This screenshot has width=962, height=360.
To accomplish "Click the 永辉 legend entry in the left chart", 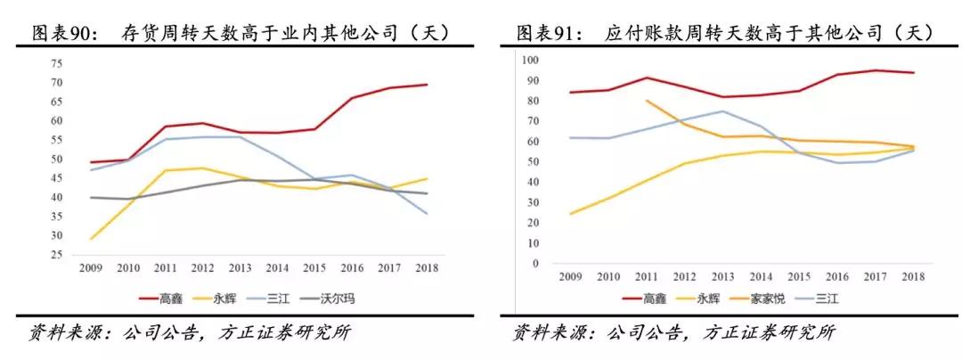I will pyautogui.click(x=223, y=299).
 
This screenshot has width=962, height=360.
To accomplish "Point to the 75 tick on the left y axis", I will pyautogui.click(x=57, y=63).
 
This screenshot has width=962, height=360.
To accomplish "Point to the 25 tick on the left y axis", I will pyautogui.click(x=57, y=256).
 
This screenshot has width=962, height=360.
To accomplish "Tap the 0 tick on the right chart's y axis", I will pyautogui.click(x=535, y=264).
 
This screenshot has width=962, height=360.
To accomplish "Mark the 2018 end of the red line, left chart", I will pyautogui.click(x=427, y=85).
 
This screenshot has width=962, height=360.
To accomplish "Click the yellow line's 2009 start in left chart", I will pyautogui.click(x=90, y=239).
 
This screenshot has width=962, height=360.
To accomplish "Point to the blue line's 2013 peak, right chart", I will pyautogui.click(x=722, y=111).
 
